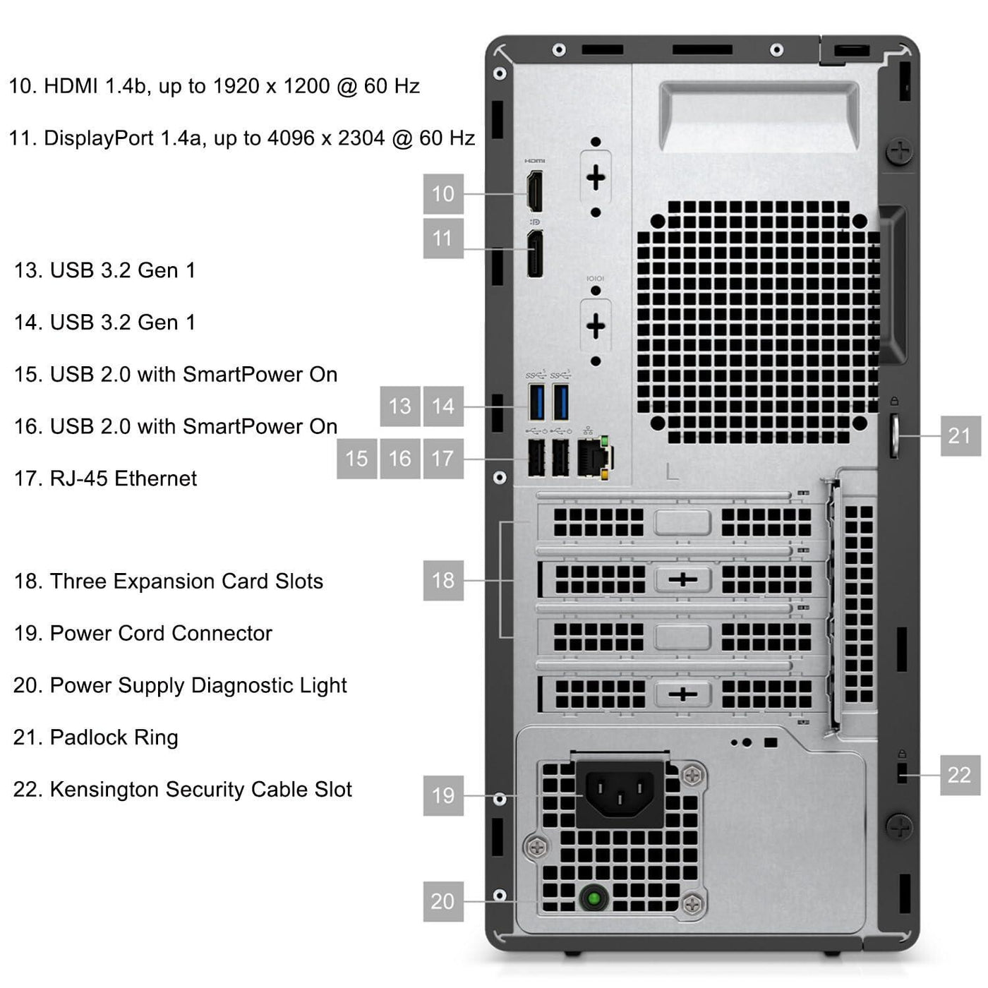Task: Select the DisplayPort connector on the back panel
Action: [535, 254]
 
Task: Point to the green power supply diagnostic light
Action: [594, 898]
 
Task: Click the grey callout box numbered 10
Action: [443, 194]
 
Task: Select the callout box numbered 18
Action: [443, 580]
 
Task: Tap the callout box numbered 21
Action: [960, 436]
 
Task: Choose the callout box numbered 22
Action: [960, 775]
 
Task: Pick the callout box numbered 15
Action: [357, 459]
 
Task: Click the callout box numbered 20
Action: [443, 901]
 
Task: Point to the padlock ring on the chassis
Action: [894, 435]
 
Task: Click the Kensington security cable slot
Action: [902, 773]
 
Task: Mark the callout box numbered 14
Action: [443, 406]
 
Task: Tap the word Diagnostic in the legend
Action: [241, 686]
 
